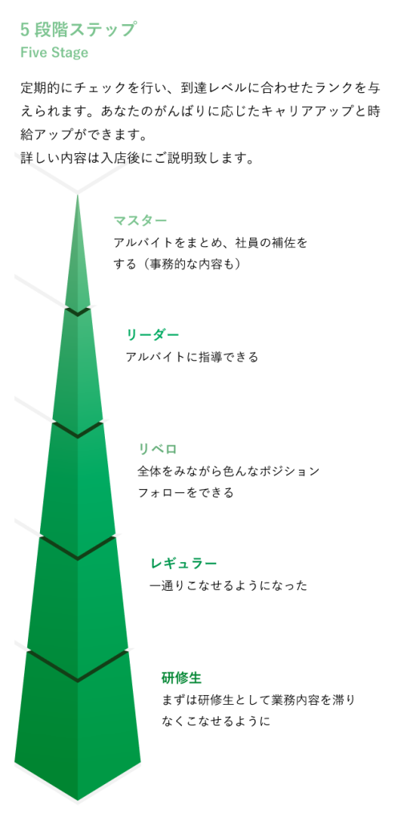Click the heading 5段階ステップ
tap(79, 30)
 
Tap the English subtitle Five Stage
tap(54, 53)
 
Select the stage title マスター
tap(140, 220)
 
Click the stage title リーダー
tap(153, 334)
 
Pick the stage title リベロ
tap(158, 449)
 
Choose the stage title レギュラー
tap(183, 564)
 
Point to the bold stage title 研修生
tap(182, 677)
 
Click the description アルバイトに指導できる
tap(192, 357)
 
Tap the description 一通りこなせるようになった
tap(228, 585)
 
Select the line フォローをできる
tap(186, 493)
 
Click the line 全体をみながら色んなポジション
tap(228, 471)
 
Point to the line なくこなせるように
tap(216, 722)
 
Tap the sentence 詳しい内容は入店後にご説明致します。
tap(138, 158)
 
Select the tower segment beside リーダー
tap(78, 373)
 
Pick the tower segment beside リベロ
tap(78, 490)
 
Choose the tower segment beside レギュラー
tap(78, 608)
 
